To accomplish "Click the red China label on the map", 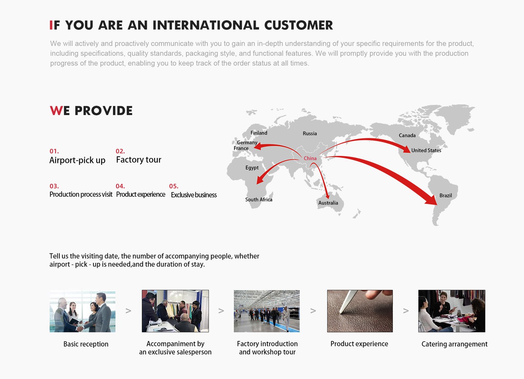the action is (x=310, y=158).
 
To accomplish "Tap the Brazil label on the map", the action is (x=445, y=195).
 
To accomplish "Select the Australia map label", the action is (x=328, y=203).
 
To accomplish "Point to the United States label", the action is (x=426, y=150).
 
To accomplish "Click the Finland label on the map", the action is (x=259, y=133).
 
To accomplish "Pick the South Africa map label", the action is (x=258, y=200).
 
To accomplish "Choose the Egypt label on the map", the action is (x=252, y=168).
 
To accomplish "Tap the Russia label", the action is (x=310, y=133).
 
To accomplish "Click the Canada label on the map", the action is (x=407, y=135).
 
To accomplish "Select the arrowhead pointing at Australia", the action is (x=327, y=196).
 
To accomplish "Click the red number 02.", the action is (x=120, y=151).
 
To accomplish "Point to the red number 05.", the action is (x=174, y=186).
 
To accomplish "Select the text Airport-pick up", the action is (x=77, y=160).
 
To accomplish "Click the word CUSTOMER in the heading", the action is (x=298, y=25).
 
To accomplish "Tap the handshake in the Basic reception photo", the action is (x=80, y=329).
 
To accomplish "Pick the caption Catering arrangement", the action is (x=454, y=344).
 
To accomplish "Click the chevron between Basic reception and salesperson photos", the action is (x=128, y=311).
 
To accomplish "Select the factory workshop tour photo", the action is (x=267, y=311).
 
